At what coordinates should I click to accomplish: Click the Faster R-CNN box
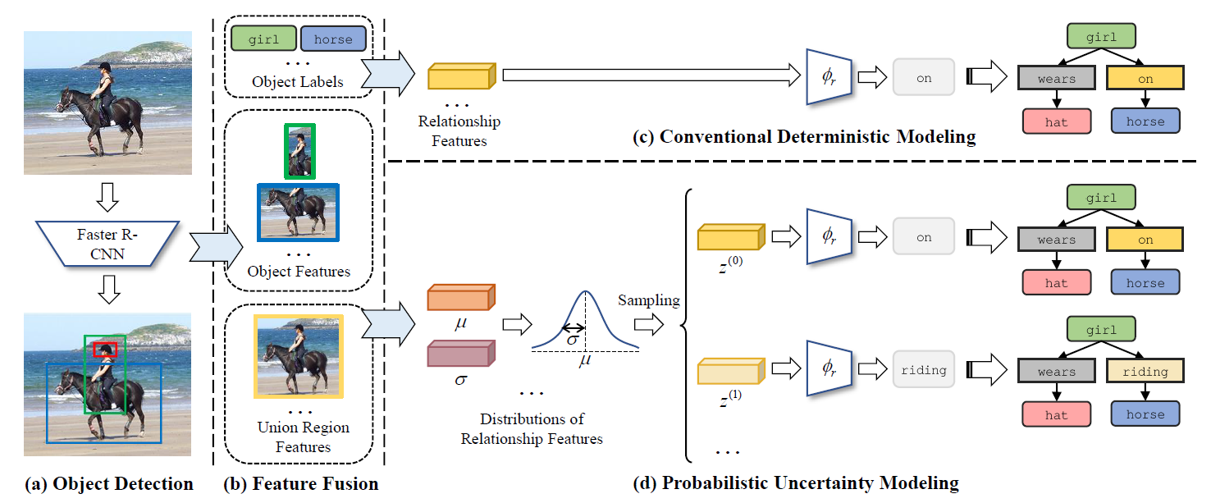107,244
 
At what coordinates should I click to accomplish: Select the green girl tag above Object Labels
263,39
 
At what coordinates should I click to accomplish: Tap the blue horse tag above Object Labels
332,39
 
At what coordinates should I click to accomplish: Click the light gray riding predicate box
924,369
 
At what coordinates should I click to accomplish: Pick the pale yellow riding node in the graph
1145,371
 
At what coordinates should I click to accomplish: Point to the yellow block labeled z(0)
730,237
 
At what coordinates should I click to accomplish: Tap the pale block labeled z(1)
730,371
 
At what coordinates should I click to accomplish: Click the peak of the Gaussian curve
585,292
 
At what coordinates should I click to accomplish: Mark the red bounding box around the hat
105,350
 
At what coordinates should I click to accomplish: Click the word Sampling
649,300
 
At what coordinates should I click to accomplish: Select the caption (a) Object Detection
109,484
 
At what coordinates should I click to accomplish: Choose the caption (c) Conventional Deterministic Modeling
803,137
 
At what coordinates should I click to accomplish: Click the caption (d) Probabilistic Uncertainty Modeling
795,483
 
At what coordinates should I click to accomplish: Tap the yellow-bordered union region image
298,357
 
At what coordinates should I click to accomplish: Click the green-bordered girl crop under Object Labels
299,151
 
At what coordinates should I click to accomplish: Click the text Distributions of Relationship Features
531,429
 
